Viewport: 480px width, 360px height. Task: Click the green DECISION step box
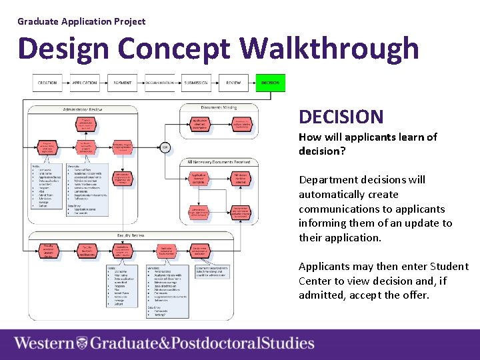270,83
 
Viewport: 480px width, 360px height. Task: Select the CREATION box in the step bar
47,83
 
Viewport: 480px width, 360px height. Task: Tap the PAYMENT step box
122,83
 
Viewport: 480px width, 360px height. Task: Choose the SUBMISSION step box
196,83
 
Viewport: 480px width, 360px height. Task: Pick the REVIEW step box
233,83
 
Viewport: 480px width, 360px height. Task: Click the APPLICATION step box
85,83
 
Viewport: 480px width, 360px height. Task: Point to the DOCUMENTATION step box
159,83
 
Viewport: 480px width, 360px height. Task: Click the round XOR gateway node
165,147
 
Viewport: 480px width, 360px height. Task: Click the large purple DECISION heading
341,117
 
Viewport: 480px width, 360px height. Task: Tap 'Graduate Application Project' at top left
81,21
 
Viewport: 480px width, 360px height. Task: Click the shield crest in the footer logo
82,343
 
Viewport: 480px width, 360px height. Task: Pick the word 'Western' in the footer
45,343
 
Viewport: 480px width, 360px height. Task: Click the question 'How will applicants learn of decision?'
367,144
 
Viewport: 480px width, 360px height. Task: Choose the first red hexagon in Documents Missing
199,123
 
